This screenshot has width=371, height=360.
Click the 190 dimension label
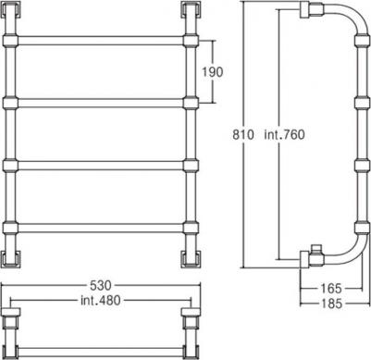(x=212, y=72)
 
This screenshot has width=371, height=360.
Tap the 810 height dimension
(x=243, y=135)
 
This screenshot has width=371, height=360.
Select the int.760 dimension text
(x=284, y=135)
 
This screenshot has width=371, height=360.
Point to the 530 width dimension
(x=100, y=286)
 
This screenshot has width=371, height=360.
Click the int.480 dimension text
(x=101, y=300)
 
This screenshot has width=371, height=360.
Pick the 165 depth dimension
(x=331, y=289)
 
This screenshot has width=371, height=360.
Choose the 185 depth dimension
(x=331, y=304)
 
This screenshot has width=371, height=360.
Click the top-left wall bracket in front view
(x=11, y=10)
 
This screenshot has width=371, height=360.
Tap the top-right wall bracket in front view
(x=192, y=10)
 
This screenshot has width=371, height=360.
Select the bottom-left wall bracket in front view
(x=11, y=258)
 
